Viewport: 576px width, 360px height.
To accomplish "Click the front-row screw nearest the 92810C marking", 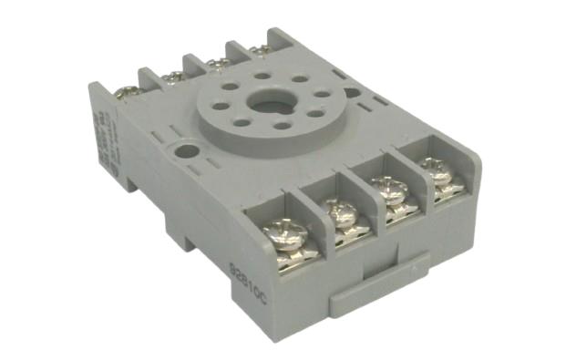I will click(x=279, y=234).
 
